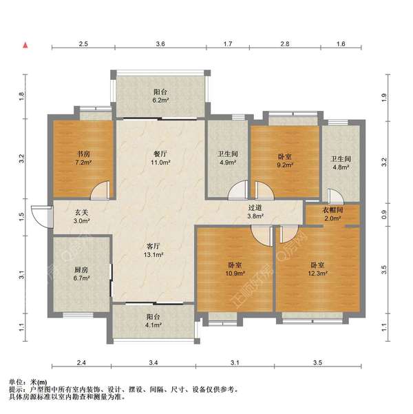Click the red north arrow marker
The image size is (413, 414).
pyautogui.click(x=25, y=45)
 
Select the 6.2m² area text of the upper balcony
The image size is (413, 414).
pyautogui.click(x=160, y=101)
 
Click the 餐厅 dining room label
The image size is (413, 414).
pyautogui.click(x=160, y=154)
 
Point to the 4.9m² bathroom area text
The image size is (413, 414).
pyautogui.click(x=228, y=163)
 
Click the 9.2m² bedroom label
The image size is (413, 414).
pyautogui.click(x=285, y=165)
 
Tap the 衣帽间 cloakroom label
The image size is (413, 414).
pyautogui.click(x=332, y=210)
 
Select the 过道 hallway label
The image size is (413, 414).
pyautogui.click(x=255, y=208)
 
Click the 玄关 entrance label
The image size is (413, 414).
pyautogui.click(x=81, y=212)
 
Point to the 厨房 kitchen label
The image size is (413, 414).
pyautogui.click(x=81, y=270)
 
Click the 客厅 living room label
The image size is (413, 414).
pyautogui.click(x=153, y=246)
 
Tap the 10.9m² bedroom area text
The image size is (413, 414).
pyautogui.click(x=235, y=273)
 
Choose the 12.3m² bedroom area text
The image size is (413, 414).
pyautogui.click(x=318, y=273)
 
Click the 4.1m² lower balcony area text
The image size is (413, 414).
pyautogui.click(x=153, y=325)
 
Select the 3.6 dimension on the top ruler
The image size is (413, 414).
pyautogui.click(x=160, y=44)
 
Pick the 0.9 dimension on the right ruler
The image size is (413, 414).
pyautogui.click(x=384, y=214)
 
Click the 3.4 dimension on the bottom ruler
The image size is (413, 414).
pyautogui.click(x=153, y=362)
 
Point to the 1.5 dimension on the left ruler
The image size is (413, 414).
pyautogui.click(x=22, y=217)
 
